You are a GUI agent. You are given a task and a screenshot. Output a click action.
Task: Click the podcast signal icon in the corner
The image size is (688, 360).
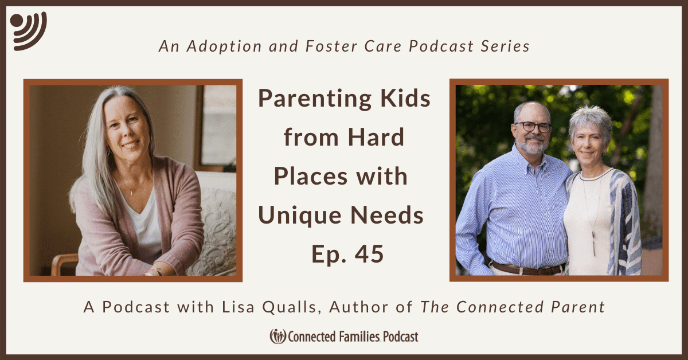[x=28, y=31]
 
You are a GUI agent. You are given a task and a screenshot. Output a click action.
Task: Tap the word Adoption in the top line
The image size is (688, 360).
[x=224, y=46]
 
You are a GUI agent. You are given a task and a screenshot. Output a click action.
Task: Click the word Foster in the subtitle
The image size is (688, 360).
[x=332, y=46]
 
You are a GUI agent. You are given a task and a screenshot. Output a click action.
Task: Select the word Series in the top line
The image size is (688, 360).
[x=505, y=46]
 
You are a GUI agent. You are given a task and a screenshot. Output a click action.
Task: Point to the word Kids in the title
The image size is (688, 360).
[x=405, y=98]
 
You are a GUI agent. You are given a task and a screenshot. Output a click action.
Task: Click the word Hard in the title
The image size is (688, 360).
[x=376, y=138]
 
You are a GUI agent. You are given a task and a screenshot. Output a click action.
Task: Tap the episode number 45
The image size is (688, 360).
[x=369, y=254]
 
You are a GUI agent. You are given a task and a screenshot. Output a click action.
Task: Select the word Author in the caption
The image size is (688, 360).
[x=359, y=307]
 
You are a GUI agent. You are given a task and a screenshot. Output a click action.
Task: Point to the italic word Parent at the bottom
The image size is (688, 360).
[x=578, y=307]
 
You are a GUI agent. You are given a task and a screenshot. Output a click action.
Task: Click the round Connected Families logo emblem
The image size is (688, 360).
[x=278, y=336]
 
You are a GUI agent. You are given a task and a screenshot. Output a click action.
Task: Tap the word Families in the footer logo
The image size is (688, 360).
[x=359, y=336]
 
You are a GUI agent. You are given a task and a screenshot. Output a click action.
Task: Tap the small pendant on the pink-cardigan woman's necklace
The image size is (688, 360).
[x=131, y=193]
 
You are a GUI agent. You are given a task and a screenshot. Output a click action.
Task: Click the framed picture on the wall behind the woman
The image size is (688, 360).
[x=216, y=127]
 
